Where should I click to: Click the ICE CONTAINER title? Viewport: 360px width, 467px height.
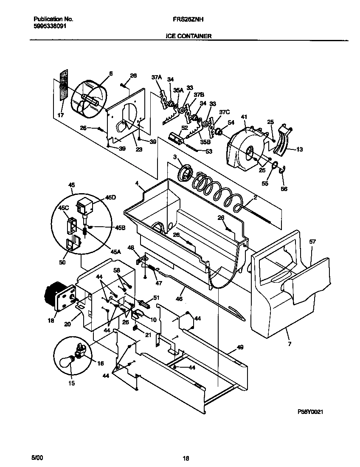(188, 37)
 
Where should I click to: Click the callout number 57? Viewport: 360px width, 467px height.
(312, 242)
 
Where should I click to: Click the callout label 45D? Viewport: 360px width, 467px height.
(110, 198)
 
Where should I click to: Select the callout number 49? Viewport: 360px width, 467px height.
(240, 347)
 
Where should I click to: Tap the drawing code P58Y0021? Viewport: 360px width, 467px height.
(313, 412)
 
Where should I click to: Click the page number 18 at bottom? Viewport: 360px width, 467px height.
(186, 458)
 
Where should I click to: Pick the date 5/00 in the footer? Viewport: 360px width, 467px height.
(37, 458)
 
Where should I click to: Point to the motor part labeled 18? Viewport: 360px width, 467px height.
(56, 297)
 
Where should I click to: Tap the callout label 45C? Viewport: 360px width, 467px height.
(64, 208)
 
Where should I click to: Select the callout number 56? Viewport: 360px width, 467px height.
(284, 189)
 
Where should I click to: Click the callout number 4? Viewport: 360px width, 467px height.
(137, 183)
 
